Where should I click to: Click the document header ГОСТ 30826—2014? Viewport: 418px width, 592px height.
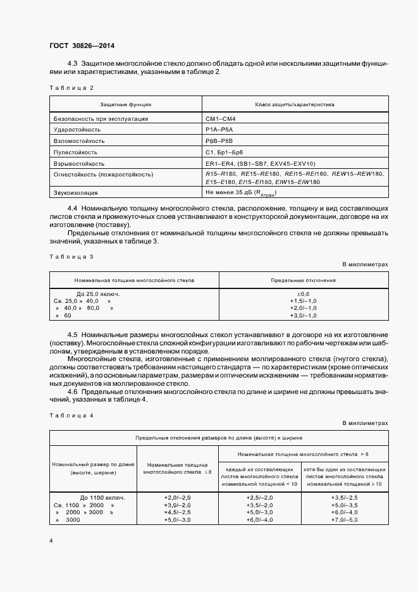(x=82, y=46)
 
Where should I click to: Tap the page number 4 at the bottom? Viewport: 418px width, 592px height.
(x=51, y=541)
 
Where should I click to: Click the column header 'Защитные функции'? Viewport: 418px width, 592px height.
(x=125, y=104)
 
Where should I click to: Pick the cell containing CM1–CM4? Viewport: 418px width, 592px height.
(x=220, y=118)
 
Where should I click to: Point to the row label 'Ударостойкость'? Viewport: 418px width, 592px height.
(x=78, y=129)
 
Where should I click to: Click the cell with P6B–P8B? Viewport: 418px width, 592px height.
(x=219, y=140)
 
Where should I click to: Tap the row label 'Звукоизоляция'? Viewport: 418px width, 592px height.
(x=76, y=192)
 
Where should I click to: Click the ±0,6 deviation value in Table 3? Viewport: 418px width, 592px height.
(x=304, y=293)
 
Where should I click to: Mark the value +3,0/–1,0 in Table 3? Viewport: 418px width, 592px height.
(x=304, y=315)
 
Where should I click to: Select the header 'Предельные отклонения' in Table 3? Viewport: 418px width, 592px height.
(x=304, y=279)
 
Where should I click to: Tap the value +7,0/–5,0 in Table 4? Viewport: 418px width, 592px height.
(x=344, y=519)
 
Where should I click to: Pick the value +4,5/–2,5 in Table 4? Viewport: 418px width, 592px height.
(x=178, y=512)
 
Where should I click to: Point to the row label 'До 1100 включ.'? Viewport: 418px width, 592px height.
(x=102, y=497)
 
